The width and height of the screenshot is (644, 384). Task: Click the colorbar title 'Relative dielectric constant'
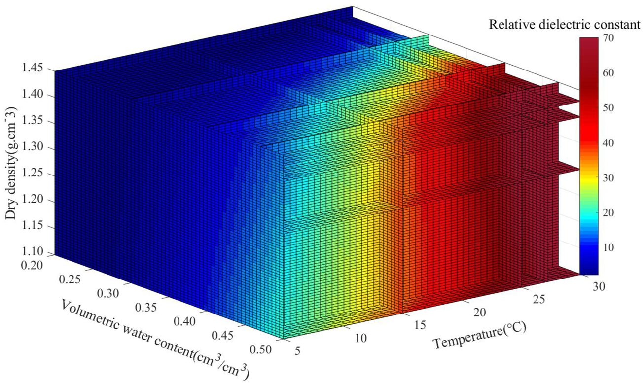565,25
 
